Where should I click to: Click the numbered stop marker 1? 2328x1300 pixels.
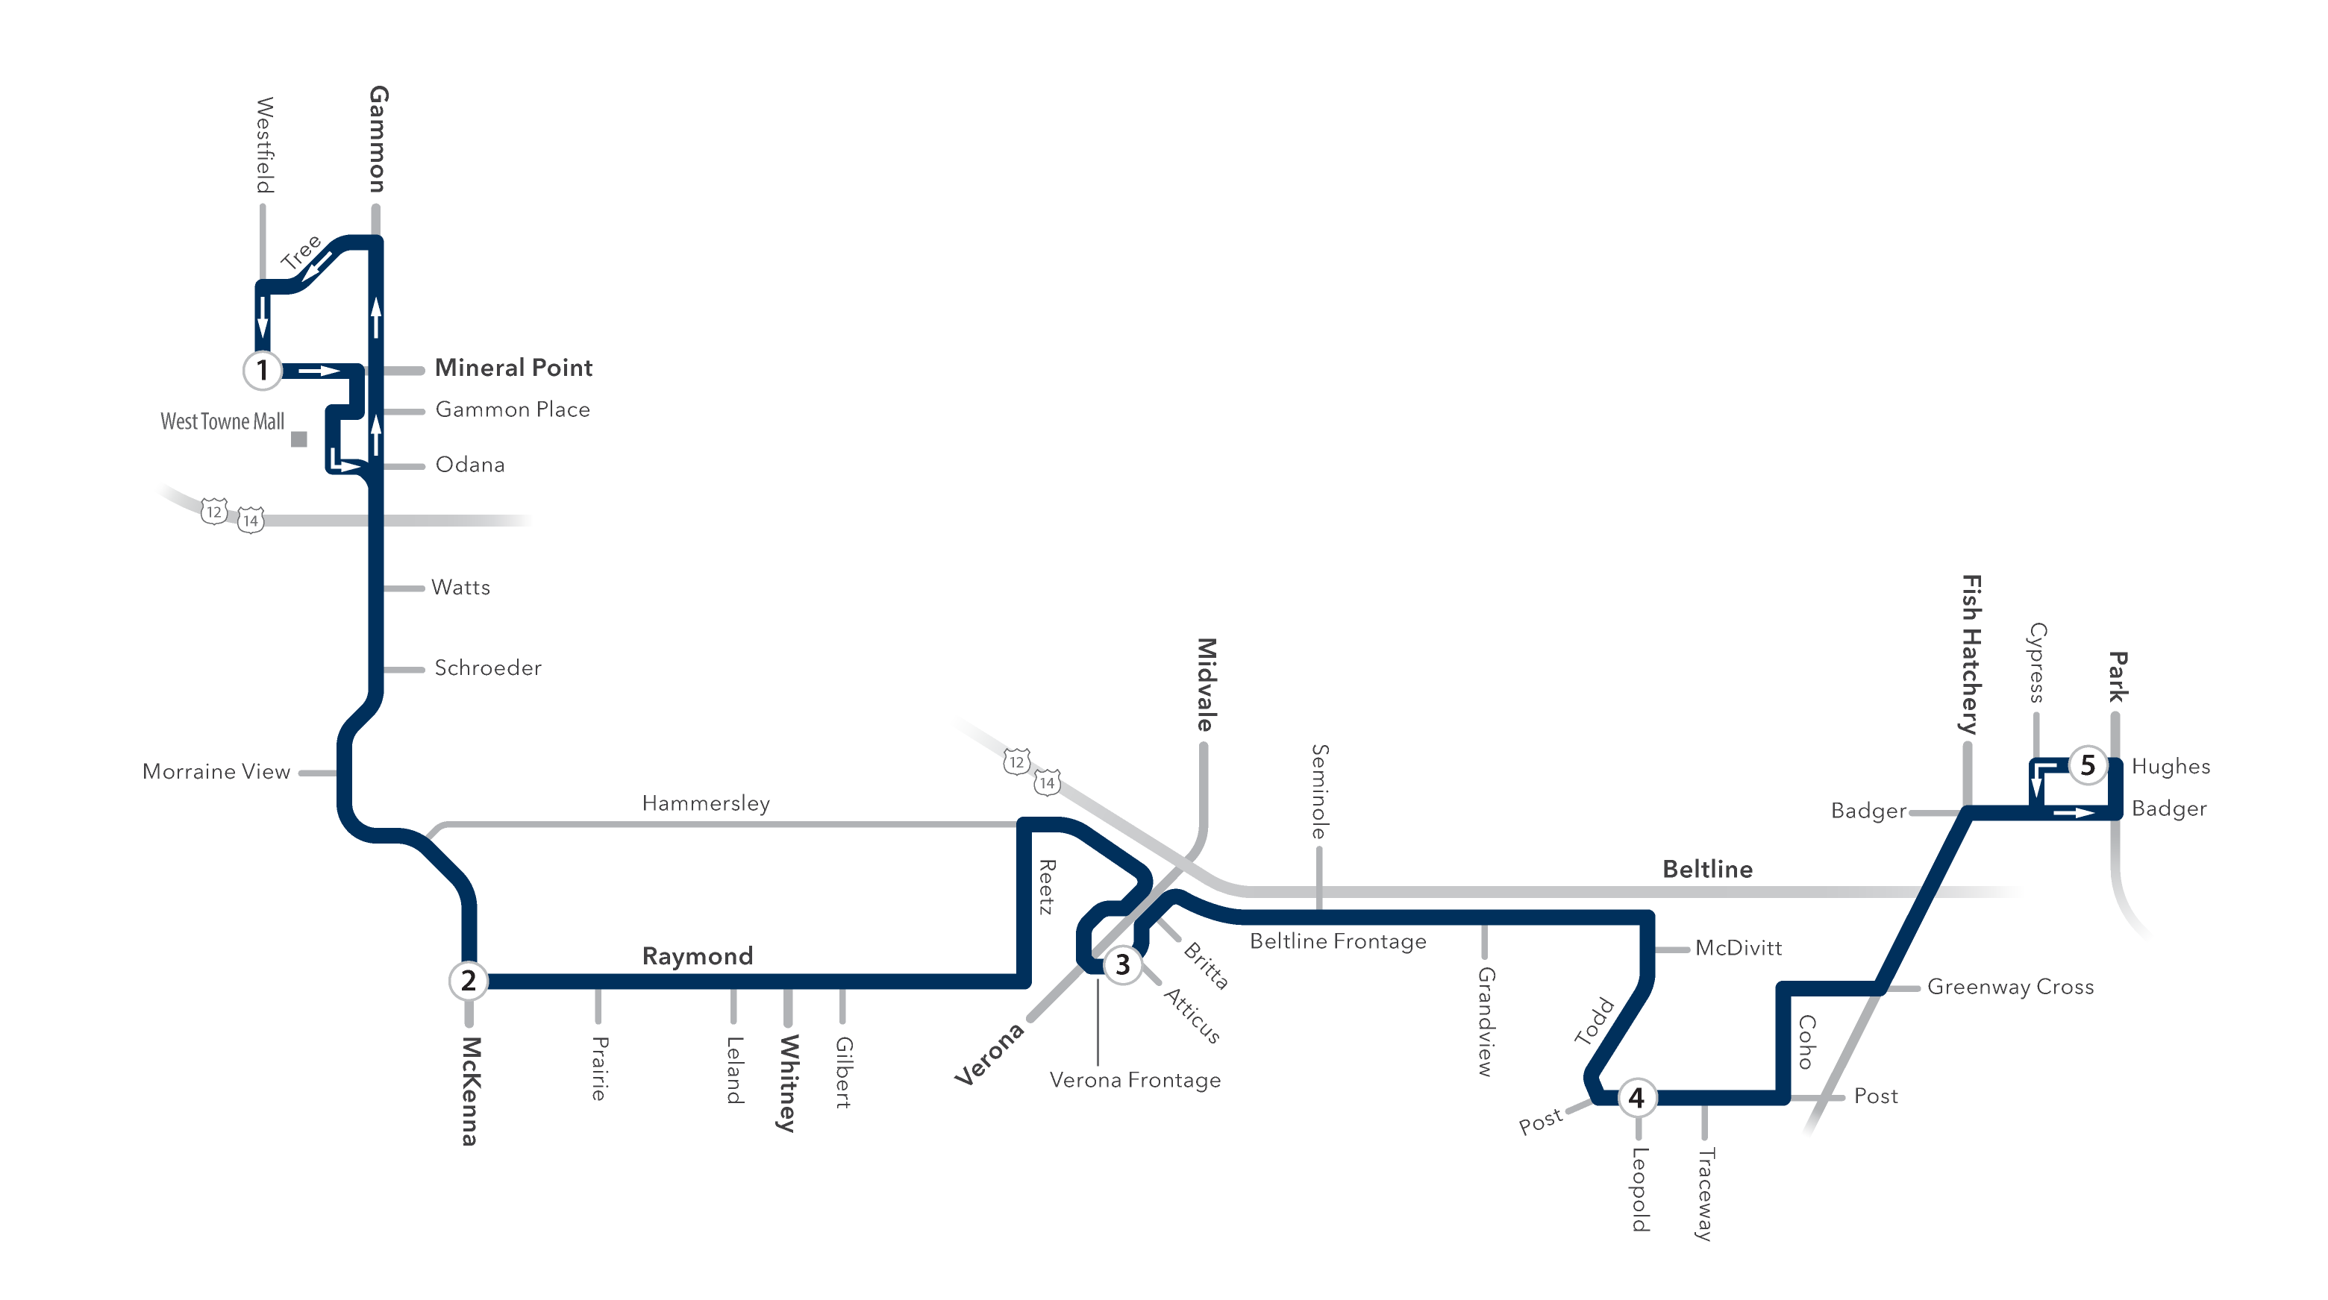[x=262, y=369]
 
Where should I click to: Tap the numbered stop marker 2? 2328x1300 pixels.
[x=468, y=980]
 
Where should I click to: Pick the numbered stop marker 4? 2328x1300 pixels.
[x=1636, y=1098]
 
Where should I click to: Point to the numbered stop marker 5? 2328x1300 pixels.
[x=2088, y=765]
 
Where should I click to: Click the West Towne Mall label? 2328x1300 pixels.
[x=222, y=421]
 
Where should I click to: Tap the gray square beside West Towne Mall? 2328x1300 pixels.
[x=299, y=439]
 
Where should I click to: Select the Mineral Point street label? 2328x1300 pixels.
[x=513, y=368]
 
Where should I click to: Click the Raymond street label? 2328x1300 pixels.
[x=697, y=956]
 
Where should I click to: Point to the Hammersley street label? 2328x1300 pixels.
[x=705, y=803]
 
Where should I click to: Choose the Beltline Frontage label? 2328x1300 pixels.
[x=1338, y=941]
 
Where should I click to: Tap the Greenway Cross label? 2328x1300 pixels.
[x=2010, y=987]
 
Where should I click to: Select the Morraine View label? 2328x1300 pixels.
[x=216, y=771]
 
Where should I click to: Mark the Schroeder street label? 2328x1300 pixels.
[x=488, y=668]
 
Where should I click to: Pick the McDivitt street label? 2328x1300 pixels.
[x=1738, y=948]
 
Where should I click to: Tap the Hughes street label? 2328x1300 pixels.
[x=2170, y=766]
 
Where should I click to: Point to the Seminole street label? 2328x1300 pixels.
[x=1319, y=791]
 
